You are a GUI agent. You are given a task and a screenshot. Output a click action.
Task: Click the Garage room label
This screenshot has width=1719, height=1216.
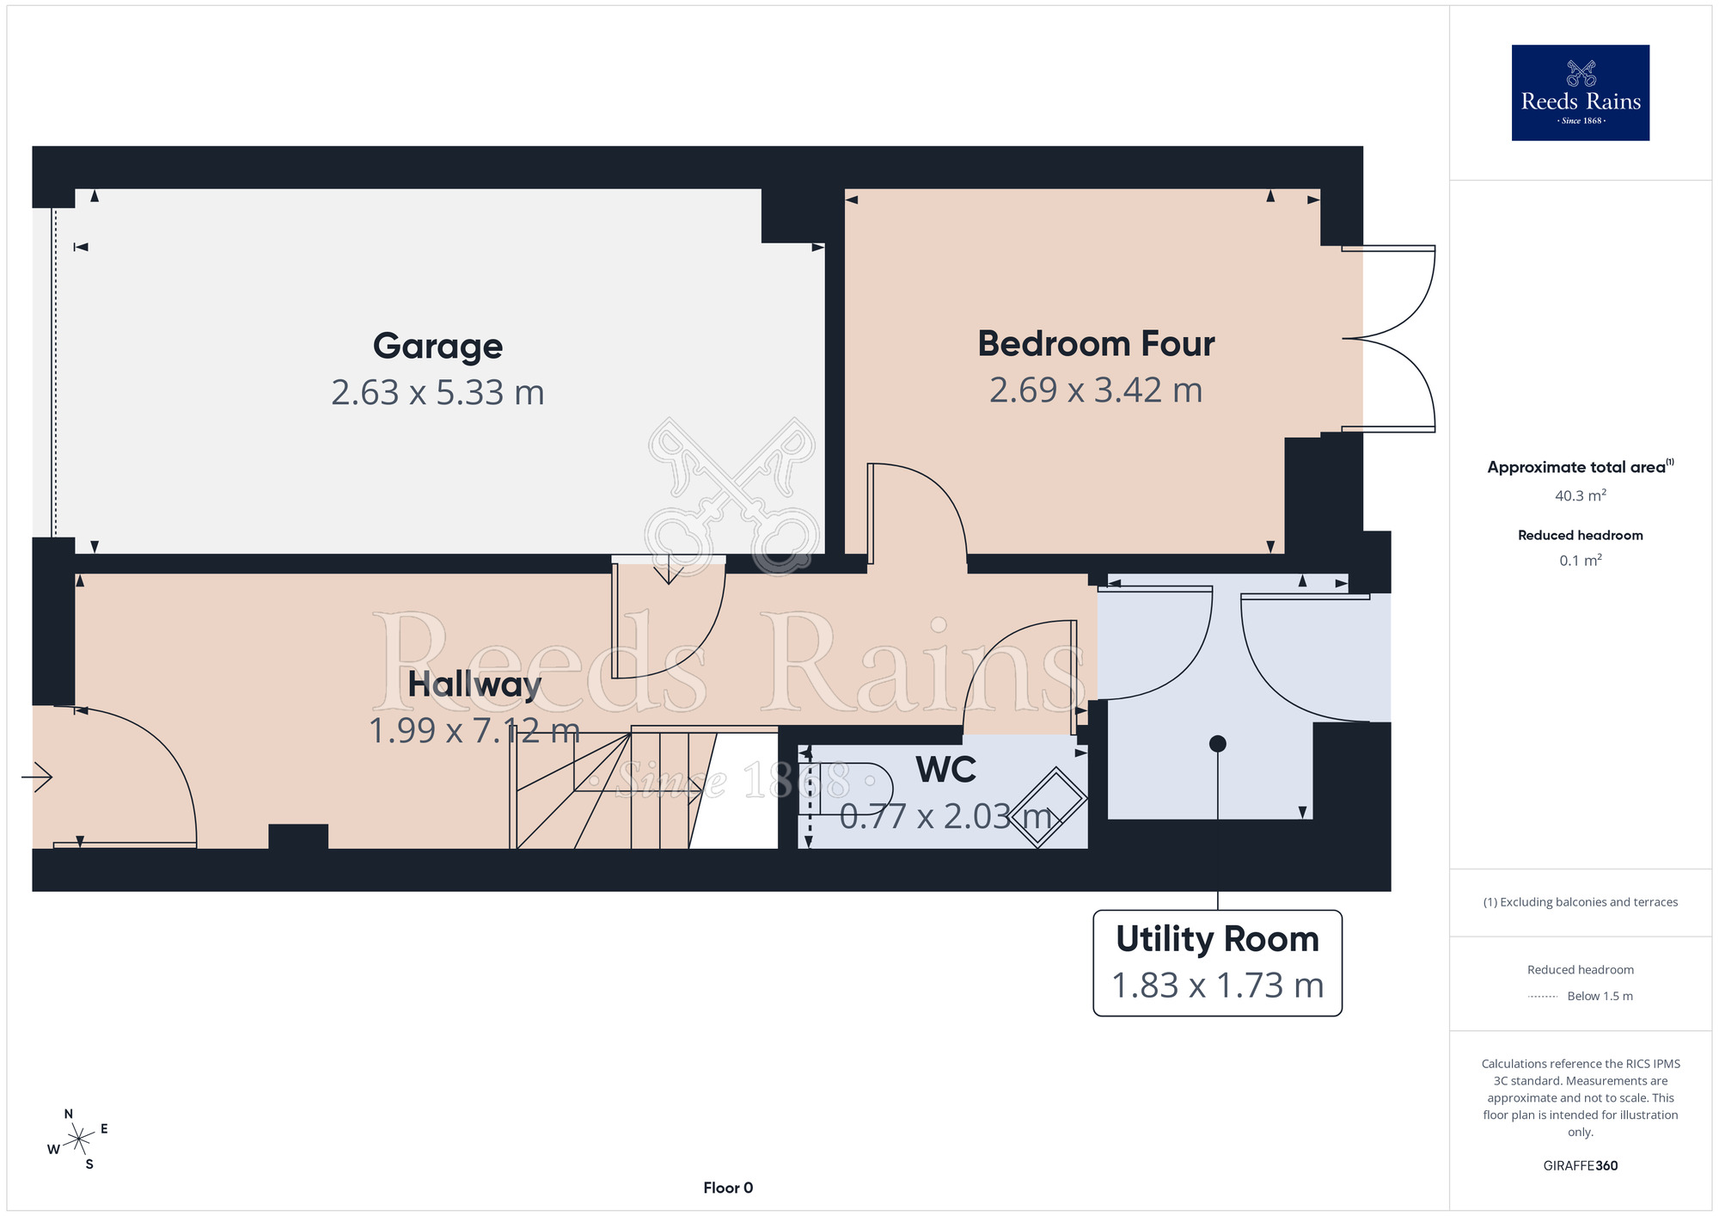[x=437, y=347]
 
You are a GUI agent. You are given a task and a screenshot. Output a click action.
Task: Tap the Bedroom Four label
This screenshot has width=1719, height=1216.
[x=1096, y=344]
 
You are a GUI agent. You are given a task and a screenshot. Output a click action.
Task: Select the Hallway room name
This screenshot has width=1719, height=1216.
[x=474, y=685]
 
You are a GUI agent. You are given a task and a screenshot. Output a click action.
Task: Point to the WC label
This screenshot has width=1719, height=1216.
[x=945, y=770]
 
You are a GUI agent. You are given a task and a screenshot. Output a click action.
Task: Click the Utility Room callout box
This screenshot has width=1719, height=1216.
[x=1217, y=963]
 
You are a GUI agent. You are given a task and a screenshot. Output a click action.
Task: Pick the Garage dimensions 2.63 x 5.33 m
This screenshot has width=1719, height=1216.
[x=437, y=393]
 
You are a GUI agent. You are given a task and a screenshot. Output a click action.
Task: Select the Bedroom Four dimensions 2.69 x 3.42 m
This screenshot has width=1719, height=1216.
[x=1096, y=390]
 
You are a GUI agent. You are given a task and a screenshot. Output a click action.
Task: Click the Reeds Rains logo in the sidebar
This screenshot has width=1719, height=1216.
[x=1581, y=93]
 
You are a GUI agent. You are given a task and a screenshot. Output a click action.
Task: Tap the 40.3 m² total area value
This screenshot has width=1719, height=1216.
[x=1581, y=495]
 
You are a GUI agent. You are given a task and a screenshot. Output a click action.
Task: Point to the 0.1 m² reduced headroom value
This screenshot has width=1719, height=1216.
[x=1581, y=561]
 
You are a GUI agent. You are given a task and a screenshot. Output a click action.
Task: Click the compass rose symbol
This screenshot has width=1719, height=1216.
[x=78, y=1139]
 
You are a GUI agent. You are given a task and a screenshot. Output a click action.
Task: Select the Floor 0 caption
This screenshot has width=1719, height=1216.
[x=728, y=1188]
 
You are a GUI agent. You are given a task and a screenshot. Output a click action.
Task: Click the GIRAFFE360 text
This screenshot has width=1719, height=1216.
[x=1581, y=1166]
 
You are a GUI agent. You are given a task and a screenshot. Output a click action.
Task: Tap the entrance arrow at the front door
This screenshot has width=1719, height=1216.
[x=37, y=777]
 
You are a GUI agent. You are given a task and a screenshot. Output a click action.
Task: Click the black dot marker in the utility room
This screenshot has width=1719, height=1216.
[x=1217, y=744]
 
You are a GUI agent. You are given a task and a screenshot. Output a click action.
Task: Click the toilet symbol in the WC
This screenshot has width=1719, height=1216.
[x=846, y=789]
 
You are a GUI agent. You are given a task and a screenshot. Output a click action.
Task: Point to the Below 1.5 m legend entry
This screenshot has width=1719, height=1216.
[x=1581, y=997]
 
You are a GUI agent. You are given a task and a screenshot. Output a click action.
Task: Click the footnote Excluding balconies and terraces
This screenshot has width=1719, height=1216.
[x=1581, y=902]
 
